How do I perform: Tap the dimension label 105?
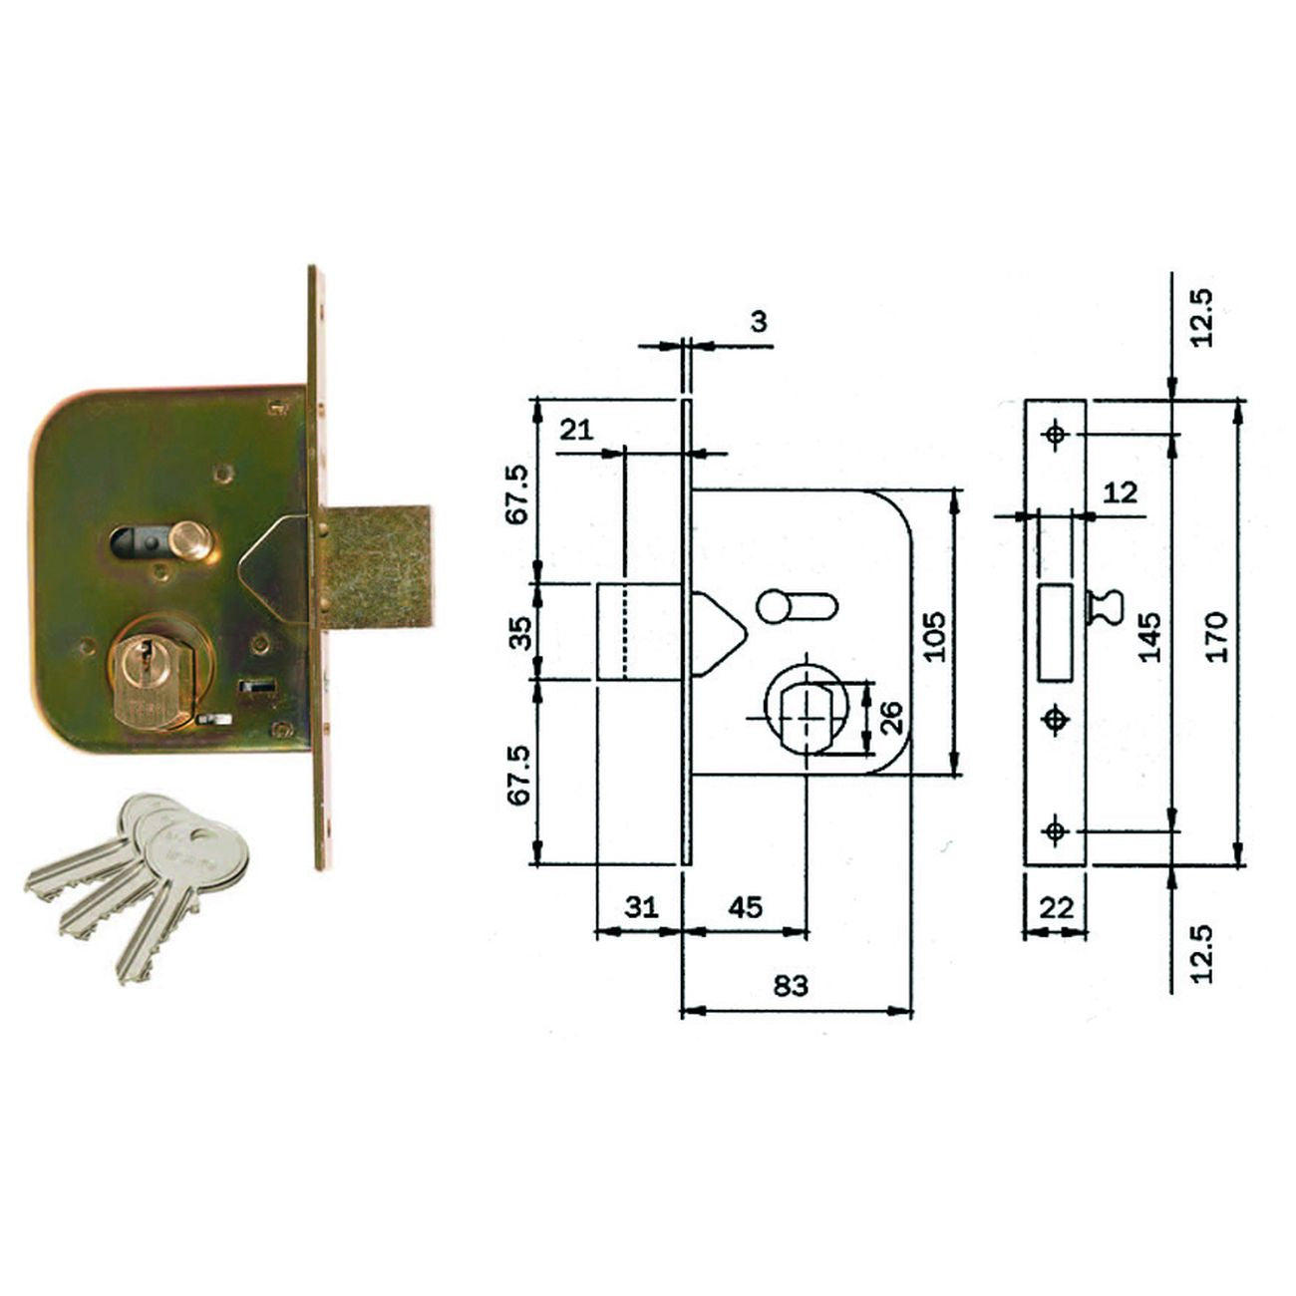(x=932, y=635)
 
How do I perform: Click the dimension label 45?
(x=745, y=907)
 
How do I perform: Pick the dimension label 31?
(x=641, y=907)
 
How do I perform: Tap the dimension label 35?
(x=521, y=632)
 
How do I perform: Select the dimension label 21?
(x=575, y=430)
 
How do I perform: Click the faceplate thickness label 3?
(x=759, y=322)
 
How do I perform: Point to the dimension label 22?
(x=1056, y=908)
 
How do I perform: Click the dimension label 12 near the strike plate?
(x=1121, y=493)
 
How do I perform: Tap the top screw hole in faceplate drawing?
(x=1055, y=435)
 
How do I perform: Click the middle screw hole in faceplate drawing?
(x=1055, y=720)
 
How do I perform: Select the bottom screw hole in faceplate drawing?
(x=1055, y=829)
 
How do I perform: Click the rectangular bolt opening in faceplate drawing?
(x=1056, y=632)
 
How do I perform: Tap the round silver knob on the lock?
(x=188, y=542)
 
